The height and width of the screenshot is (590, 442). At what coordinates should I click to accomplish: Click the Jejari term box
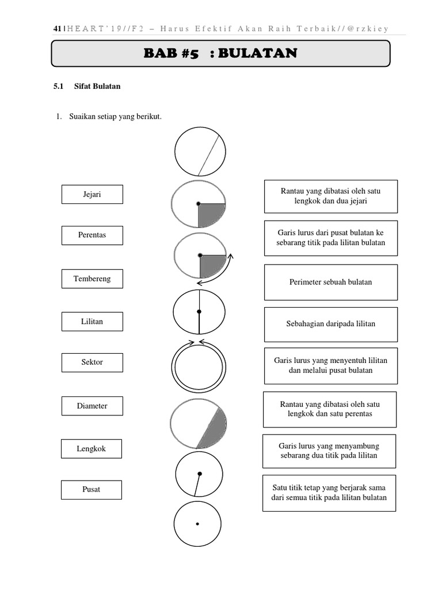(x=92, y=194)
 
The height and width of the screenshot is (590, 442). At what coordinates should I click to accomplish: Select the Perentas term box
(x=92, y=235)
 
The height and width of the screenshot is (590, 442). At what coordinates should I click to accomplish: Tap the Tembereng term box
(x=92, y=279)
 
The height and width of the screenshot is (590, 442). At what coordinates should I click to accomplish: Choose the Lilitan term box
(x=92, y=322)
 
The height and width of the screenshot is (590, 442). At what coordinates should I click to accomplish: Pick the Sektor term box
(x=92, y=362)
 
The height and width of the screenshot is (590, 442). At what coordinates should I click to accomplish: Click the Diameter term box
(x=92, y=406)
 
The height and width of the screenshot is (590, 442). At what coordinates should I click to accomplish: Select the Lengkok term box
(x=92, y=448)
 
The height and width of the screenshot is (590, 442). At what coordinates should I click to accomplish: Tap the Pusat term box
(x=91, y=489)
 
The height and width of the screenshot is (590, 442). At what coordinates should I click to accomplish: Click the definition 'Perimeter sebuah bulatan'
(x=330, y=282)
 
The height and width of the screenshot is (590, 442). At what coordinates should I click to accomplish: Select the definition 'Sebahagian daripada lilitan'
(x=330, y=324)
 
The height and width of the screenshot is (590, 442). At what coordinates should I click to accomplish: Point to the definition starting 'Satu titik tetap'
(x=329, y=493)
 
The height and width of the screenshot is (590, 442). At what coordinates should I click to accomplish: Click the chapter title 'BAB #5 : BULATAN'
(x=221, y=54)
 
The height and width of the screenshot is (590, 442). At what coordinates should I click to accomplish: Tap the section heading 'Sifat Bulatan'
(x=97, y=86)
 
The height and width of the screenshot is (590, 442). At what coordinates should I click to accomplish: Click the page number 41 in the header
(x=56, y=28)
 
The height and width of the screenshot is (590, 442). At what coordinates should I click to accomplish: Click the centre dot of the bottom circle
(x=197, y=524)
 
